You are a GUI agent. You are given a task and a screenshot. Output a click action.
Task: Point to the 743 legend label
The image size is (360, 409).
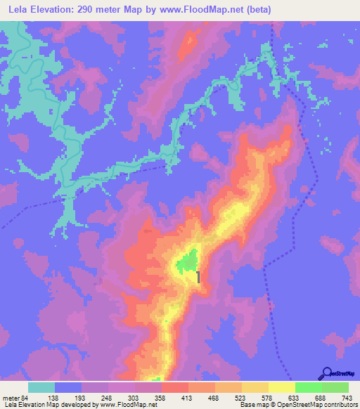[x=346, y=398]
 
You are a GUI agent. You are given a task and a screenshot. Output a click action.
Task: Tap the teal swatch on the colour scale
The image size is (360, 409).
[x=41, y=388]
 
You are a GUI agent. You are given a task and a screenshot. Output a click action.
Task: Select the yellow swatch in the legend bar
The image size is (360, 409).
[x=281, y=388]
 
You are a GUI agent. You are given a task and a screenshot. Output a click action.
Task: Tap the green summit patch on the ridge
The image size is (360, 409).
[x=187, y=264]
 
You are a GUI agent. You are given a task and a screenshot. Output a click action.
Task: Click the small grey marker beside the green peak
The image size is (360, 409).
[x=199, y=278]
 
